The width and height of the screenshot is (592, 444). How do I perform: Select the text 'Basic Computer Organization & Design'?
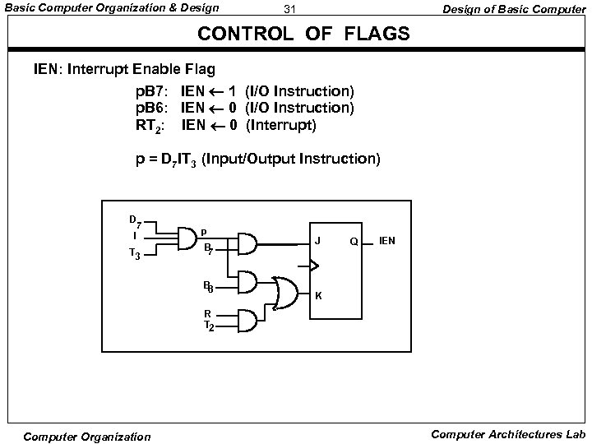(x=112, y=9)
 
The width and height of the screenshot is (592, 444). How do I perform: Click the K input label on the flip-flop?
(x=317, y=295)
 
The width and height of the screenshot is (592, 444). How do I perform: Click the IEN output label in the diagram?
(x=386, y=241)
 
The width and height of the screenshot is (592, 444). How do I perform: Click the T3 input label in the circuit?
(x=135, y=256)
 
